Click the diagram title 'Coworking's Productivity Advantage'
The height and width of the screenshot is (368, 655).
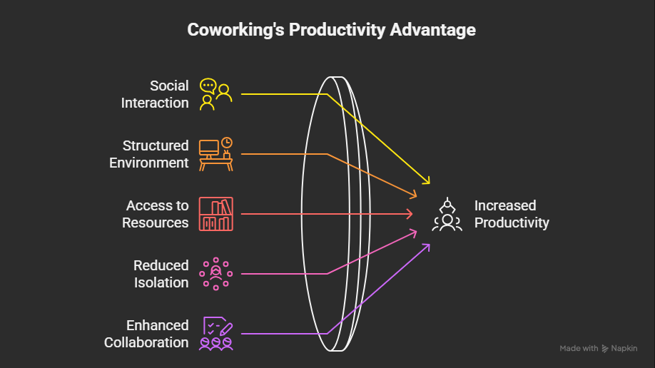(x=331, y=30)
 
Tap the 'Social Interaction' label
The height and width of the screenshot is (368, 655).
(x=155, y=94)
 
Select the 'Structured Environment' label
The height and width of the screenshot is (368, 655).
(x=149, y=154)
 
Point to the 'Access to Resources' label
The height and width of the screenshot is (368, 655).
(x=156, y=214)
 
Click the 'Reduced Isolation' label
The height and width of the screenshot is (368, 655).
(x=161, y=274)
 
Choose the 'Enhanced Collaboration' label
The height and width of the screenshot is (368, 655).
(x=146, y=334)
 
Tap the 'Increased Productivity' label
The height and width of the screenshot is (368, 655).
(x=512, y=214)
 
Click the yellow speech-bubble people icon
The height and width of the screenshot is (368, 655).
(x=215, y=94)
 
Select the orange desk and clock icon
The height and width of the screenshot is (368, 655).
(x=216, y=154)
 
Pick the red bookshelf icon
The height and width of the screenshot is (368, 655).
(x=216, y=214)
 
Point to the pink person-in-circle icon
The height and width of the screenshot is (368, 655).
(x=216, y=274)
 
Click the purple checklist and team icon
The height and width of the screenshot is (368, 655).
(x=216, y=334)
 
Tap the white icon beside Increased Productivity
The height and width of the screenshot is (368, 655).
(x=447, y=214)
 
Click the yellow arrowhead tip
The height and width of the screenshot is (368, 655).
(x=430, y=183)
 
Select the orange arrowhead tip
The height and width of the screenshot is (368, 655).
(x=417, y=195)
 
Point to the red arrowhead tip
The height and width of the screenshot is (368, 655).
(x=412, y=214)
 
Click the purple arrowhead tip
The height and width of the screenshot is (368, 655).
(x=430, y=245)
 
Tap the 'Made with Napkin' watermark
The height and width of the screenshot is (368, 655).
(x=599, y=348)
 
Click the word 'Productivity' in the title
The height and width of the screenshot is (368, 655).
(x=337, y=30)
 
